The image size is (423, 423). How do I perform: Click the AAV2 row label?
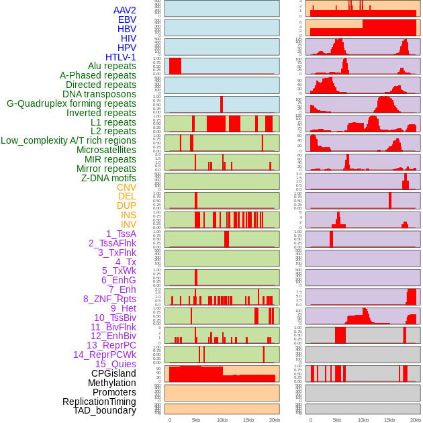click(124, 10)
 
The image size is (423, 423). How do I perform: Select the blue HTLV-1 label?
click(120, 57)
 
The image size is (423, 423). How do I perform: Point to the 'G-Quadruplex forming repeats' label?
click(71, 103)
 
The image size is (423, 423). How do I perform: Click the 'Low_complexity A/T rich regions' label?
click(68, 140)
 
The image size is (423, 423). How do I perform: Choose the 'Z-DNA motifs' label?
click(108, 178)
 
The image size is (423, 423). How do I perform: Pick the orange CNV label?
click(126, 187)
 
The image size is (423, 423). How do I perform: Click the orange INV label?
click(128, 224)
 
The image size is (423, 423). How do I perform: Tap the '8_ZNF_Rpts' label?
click(109, 299)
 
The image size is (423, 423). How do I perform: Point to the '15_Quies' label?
click(115, 364)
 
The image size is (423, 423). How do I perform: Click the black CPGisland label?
click(113, 373)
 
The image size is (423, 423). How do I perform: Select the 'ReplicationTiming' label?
click(99, 402)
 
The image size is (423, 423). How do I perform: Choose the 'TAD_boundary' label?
click(104, 410)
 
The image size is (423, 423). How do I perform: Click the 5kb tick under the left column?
click(196, 420)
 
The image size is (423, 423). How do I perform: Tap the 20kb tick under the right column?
click(416, 420)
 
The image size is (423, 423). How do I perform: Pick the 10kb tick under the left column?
click(222, 420)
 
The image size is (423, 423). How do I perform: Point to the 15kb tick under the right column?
click(389, 420)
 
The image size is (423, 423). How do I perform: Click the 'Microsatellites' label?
click(106, 150)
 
